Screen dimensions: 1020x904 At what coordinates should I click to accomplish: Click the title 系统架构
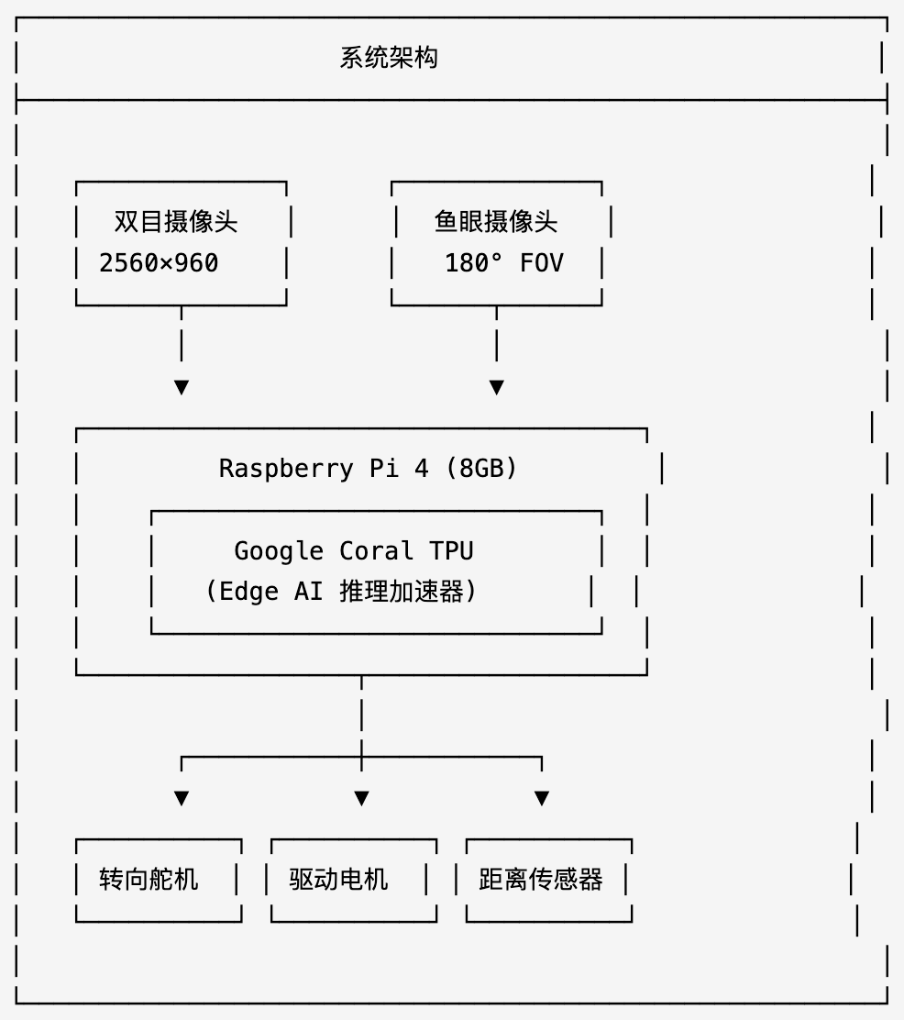tap(389, 58)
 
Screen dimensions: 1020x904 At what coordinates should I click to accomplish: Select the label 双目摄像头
tap(176, 222)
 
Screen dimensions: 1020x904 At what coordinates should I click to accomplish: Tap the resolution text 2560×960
tap(159, 263)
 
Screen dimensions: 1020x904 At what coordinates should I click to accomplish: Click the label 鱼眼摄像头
tap(495, 222)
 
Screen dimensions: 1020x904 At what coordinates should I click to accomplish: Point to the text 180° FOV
tap(503, 263)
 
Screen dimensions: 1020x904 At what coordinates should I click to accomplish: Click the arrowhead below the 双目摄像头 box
tap(182, 387)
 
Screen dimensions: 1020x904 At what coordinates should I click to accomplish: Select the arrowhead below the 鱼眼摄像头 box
tap(496, 387)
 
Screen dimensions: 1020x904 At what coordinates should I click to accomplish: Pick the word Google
tap(279, 551)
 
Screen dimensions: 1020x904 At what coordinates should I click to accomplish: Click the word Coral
tap(376, 551)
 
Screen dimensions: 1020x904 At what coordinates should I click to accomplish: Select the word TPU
tap(451, 551)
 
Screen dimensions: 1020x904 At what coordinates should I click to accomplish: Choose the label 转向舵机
tap(149, 880)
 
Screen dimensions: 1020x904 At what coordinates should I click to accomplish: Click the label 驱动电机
tap(338, 880)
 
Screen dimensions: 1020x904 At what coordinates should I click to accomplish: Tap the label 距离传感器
tap(541, 880)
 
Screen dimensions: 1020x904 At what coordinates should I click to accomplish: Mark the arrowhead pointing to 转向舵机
tap(182, 798)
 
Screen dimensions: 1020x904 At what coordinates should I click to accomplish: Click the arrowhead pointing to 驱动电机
tap(361, 798)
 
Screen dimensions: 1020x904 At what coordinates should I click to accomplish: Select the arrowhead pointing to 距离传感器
tap(542, 798)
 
